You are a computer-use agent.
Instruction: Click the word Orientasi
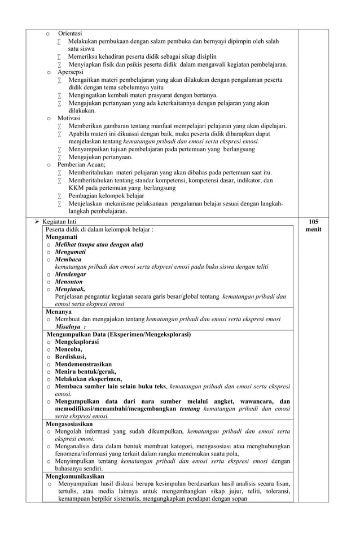pyautogui.click(x=70, y=34)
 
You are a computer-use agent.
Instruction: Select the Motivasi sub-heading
pyautogui.click(x=69, y=118)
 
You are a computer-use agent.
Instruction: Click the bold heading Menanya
pyautogui.click(x=58, y=311)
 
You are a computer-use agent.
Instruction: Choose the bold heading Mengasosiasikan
pyautogui.click(x=69, y=423)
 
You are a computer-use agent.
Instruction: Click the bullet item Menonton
pyautogui.click(x=69, y=281)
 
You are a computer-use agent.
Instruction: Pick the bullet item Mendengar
pyautogui.click(x=71, y=274)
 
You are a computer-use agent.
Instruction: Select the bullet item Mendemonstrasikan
pyautogui.click(x=83, y=364)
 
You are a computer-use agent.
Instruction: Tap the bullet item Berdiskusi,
pyautogui.click(x=71, y=357)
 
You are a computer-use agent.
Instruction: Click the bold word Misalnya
pyautogui.click(x=69, y=326)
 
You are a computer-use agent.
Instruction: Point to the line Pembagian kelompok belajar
pyautogui.click(x=106, y=195)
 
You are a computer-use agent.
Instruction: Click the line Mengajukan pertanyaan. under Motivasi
pyautogui.click(x=100, y=157)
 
